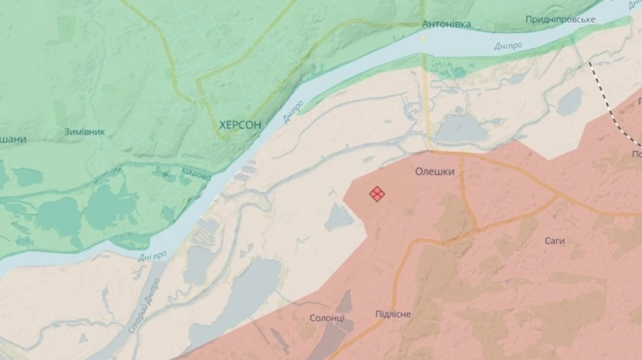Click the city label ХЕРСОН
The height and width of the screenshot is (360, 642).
tap(240, 125)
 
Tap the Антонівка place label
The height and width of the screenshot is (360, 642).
tap(447, 24)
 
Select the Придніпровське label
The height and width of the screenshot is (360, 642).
tap(560, 19)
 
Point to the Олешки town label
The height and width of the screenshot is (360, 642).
tap(435, 172)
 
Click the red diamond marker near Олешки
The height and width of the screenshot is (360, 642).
tap(377, 194)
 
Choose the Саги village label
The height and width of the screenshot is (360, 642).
tap(554, 241)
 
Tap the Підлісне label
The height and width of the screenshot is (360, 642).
tap(393, 314)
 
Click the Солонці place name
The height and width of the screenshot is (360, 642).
tap(327, 318)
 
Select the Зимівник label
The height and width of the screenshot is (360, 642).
tap(84, 132)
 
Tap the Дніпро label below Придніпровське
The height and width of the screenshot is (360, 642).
tap(508, 46)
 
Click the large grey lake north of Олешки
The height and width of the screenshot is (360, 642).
tap(460, 130)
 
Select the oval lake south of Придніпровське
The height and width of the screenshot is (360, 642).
tap(570, 101)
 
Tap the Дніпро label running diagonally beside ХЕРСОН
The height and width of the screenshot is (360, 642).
tap(293, 110)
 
